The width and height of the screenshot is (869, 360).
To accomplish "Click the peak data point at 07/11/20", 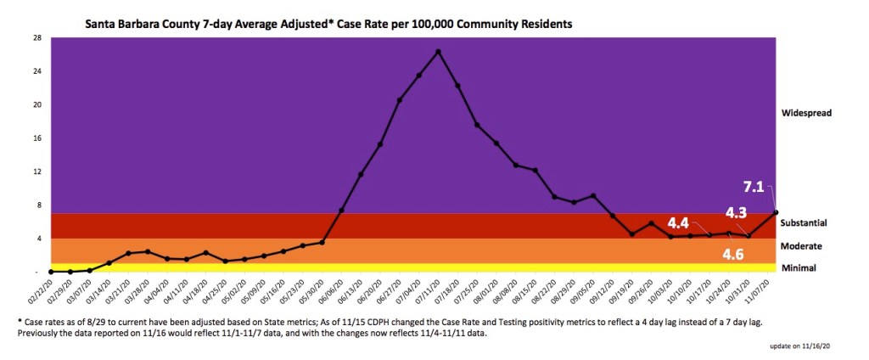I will (x=438, y=52).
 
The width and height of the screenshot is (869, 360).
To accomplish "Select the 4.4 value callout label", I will (x=677, y=223).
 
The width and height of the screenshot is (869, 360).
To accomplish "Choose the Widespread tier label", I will (x=807, y=112).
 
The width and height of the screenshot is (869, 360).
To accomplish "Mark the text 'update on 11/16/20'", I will (x=810, y=348).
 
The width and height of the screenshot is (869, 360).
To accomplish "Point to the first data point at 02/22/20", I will (x=51, y=272).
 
